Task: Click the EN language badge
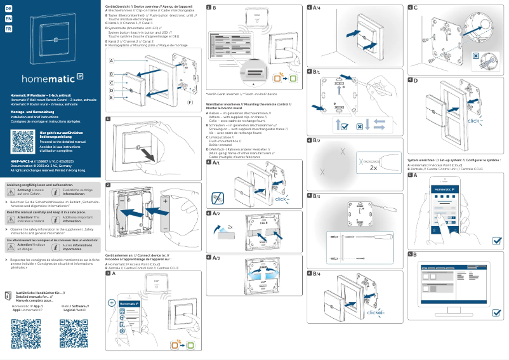(8, 18)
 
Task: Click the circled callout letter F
(190, 102)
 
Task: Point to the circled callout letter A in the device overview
(111, 61)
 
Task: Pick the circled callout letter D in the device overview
(111, 90)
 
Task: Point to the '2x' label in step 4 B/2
(374, 169)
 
